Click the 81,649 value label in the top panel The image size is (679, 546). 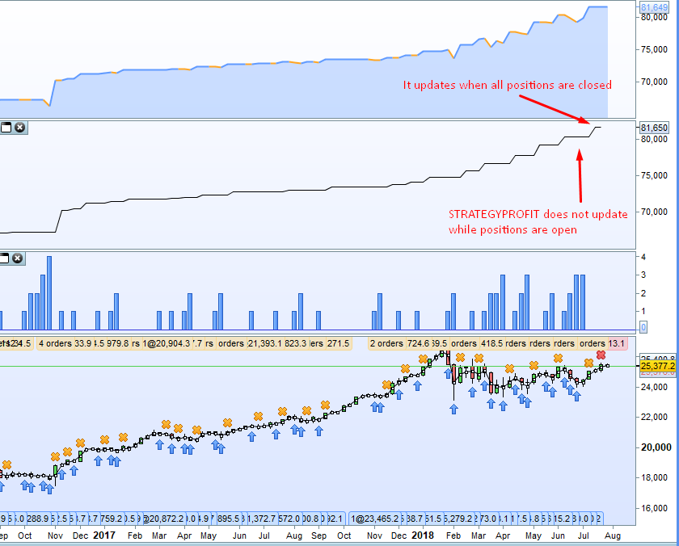pos(653,8)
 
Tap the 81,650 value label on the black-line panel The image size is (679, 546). pos(653,128)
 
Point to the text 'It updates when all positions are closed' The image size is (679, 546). pos(507,85)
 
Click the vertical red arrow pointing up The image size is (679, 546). pos(579,174)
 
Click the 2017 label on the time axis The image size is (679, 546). pos(104,535)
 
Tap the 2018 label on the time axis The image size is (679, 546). pos(423,535)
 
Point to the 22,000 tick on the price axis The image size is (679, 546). pos(655,417)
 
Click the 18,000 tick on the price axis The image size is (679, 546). pos(655,477)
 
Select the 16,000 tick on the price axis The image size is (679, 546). pos(655,508)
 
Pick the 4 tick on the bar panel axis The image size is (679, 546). pos(643,257)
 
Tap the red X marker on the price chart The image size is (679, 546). pos(601,355)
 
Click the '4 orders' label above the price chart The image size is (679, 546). pos(54,343)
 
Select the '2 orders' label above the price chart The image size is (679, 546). pos(386,343)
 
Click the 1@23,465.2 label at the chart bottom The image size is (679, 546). pos(377,519)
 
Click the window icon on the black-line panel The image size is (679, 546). pos(6,128)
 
